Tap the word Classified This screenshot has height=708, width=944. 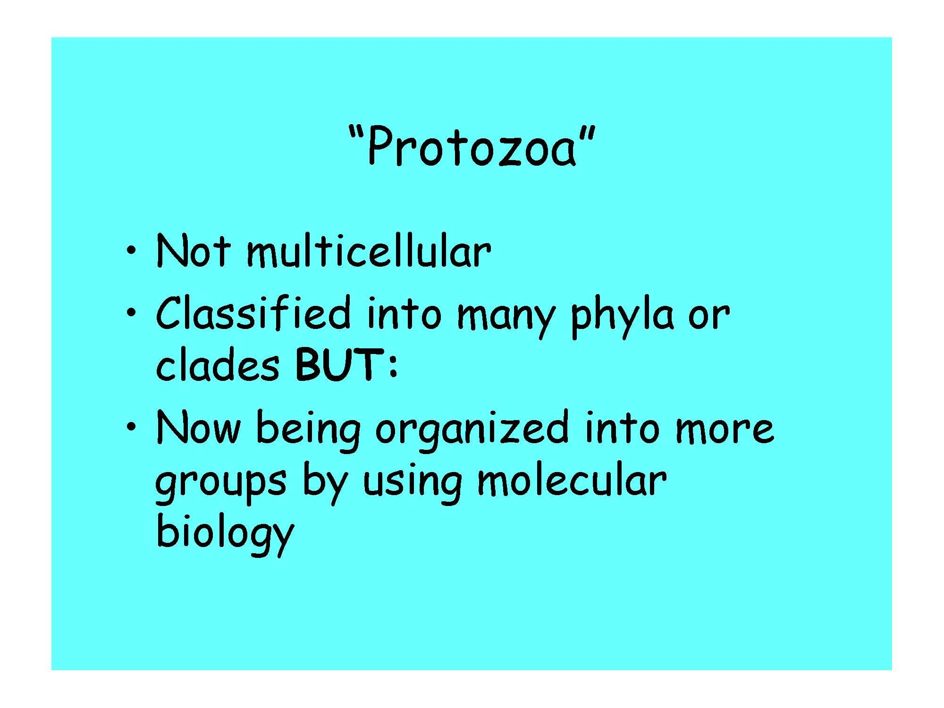[253, 314]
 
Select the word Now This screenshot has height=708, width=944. [198, 428]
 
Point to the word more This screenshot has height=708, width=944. [725, 430]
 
